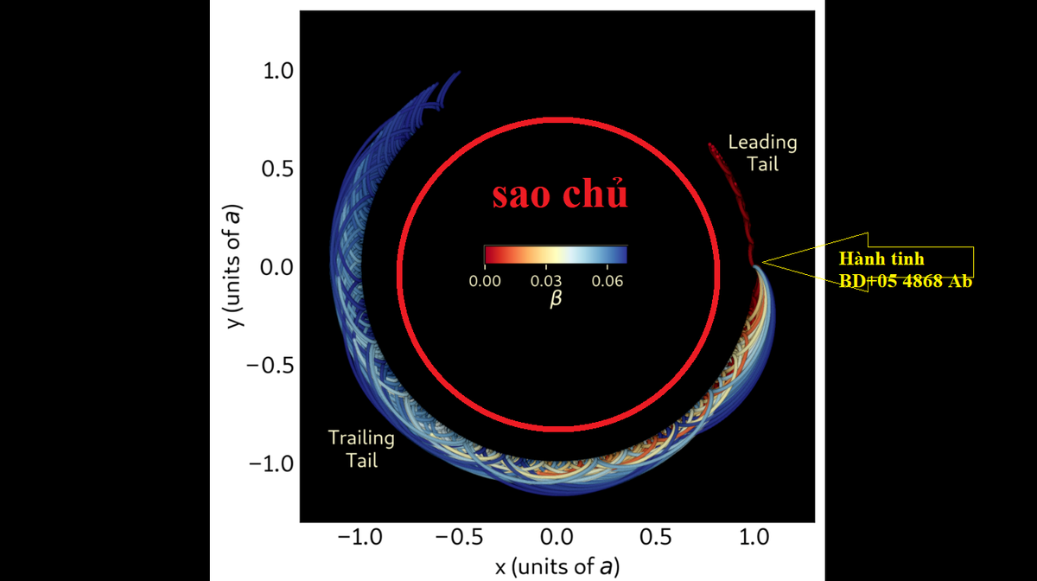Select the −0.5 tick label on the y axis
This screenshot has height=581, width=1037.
click(269, 366)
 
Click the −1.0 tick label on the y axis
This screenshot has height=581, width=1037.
click(269, 464)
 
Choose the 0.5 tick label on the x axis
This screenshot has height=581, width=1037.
click(656, 538)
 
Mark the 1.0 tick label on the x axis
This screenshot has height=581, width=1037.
click(754, 538)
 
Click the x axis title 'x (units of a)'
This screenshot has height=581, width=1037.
click(557, 567)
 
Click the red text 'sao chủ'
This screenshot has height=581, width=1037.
click(560, 195)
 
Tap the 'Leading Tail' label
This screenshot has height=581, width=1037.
click(762, 152)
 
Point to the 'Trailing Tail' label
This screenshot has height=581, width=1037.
click(361, 449)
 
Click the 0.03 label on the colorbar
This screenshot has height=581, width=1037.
click(547, 281)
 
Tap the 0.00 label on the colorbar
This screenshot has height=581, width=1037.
click(485, 281)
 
